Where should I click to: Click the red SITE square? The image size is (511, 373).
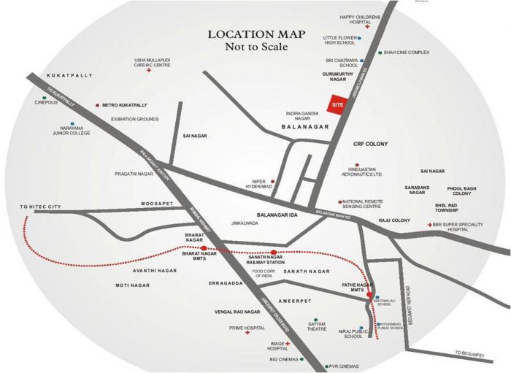tap(337, 104)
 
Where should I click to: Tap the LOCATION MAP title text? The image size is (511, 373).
tap(250, 34)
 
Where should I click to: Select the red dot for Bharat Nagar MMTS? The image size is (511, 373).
tap(204, 250)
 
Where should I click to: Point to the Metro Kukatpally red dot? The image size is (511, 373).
tap(97, 105)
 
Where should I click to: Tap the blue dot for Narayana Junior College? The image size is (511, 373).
tap(72, 124)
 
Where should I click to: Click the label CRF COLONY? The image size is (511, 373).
tap(370, 144)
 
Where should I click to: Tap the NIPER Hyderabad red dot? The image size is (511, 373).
tap(272, 182)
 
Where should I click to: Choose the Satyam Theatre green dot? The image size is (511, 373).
tap(315, 320)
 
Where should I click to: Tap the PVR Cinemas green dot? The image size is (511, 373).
tap(326, 366)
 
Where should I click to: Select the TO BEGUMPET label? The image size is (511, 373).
tap(469, 353)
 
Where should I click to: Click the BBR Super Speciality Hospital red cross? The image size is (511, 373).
tap(429, 225)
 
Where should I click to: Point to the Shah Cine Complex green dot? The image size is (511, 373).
tap(380, 53)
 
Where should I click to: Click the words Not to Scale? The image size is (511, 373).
tap(250, 47)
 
